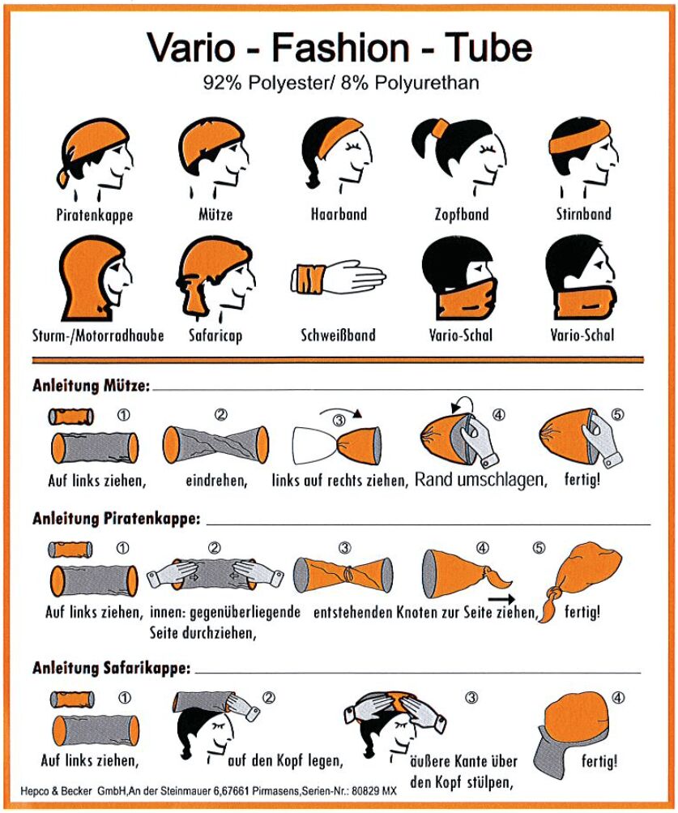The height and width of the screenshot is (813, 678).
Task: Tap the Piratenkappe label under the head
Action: tap(94, 215)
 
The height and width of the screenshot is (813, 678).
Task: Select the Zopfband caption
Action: tap(462, 214)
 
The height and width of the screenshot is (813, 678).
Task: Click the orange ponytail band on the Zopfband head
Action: tap(441, 127)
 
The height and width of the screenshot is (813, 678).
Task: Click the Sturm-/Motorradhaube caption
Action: tap(98, 336)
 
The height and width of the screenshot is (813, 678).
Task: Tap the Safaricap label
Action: tap(215, 336)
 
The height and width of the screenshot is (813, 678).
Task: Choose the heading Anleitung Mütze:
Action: tap(92, 385)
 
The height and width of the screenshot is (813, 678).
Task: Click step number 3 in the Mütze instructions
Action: tap(339, 420)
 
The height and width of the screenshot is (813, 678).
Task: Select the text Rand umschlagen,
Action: tap(481, 480)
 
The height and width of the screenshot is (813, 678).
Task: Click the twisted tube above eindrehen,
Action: tap(216, 444)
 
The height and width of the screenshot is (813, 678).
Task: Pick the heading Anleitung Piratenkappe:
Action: tap(117, 519)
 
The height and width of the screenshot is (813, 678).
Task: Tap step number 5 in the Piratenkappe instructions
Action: tap(539, 548)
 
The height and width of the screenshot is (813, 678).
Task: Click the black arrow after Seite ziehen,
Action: tap(501, 599)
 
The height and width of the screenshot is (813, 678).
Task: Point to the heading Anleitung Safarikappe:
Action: tap(112, 668)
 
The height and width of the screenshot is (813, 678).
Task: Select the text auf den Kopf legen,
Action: tap(286, 760)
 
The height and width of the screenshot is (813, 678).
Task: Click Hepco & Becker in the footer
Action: tap(57, 791)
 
